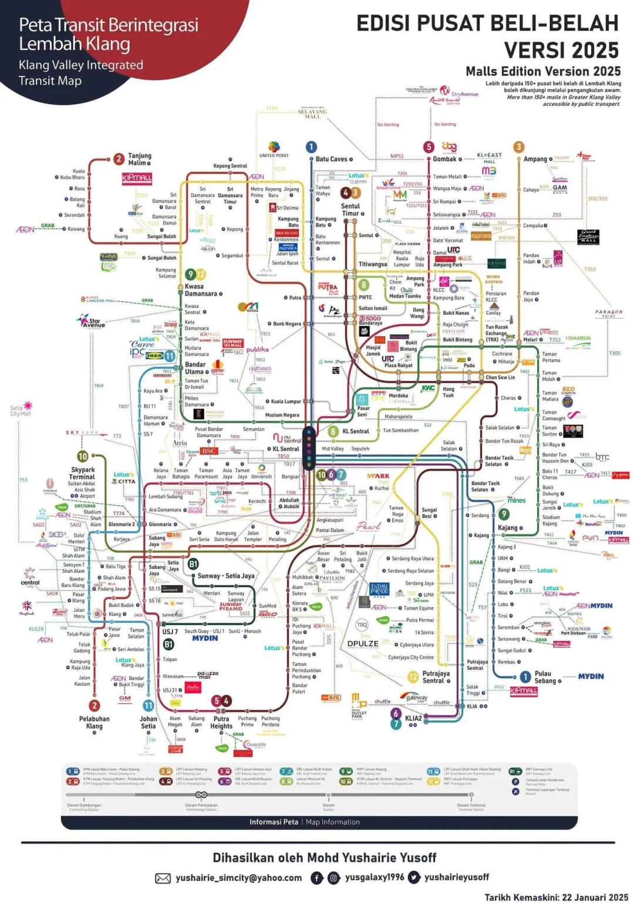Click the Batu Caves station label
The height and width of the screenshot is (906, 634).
pyautogui.click(x=331, y=159)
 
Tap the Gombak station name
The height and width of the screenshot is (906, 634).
pyautogui.click(x=444, y=159)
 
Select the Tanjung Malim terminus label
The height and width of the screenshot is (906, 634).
pyautogui.click(x=140, y=159)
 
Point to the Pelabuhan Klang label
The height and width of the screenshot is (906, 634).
pyautogui.click(x=94, y=722)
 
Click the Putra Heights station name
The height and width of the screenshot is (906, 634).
pyautogui.click(x=221, y=722)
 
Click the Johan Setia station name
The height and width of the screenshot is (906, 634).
pyautogui.click(x=149, y=722)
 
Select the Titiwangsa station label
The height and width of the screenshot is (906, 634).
pyautogui.click(x=373, y=264)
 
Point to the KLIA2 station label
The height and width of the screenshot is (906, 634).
pyautogui.click(x=413, y=718)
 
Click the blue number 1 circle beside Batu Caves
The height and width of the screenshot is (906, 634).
pyautogui.click(x=311, y=147)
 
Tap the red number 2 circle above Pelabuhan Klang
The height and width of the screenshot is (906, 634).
pyautogui.click(x=94, y=706)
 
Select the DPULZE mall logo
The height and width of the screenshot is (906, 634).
pyautogui.click(x=363, y=643)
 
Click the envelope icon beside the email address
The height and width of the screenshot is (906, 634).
pyautogui.click(x=163, y=878)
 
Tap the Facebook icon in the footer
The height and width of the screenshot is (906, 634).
pyautogui.click(x=316, y=878)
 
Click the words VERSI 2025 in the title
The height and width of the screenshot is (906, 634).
pyautogui.click(x=561, y=50)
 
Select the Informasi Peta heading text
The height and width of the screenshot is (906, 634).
pyautogui.click(x=274, y=822)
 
